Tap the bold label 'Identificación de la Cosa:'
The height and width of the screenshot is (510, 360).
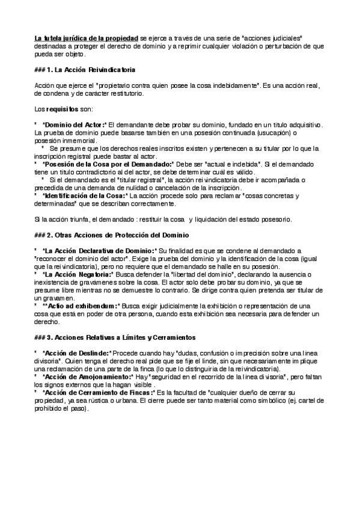pos(85,195)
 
